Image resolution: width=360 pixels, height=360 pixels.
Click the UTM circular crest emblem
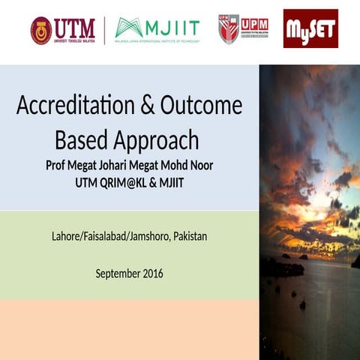point(41,31)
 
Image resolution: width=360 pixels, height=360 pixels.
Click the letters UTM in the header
point(75,28)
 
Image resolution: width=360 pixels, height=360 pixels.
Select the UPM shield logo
point(228,29)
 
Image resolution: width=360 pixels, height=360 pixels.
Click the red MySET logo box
point(310,29)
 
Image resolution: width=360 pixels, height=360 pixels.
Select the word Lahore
point(67,237)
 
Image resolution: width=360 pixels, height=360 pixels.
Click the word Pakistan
point(190,237)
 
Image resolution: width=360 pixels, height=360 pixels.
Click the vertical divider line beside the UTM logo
point(104,30)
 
